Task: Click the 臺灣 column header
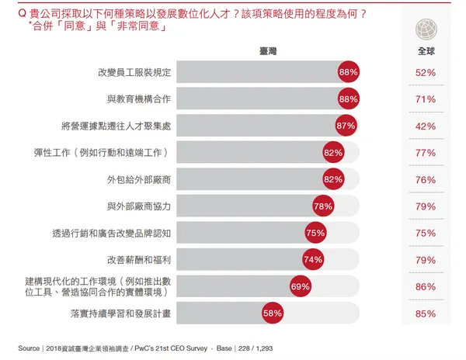coord(268,50)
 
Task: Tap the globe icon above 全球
coord(426,29)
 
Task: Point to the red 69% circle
coord(301,286)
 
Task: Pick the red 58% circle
coord(272,313)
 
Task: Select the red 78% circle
coord(322,206)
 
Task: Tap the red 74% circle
coord(313,260)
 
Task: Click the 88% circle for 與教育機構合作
coord(348,99)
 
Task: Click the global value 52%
coord(426,73)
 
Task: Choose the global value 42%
coord(426,126)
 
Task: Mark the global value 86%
coord(426,286)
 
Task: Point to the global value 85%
coord(426,313)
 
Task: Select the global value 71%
coord(426,99)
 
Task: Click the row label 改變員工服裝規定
coord(134,73)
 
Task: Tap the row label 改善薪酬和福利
coord(140,260)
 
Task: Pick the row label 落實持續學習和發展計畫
coord(120,313)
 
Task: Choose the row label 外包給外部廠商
coord(140,179)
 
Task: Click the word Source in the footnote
coord(29,348)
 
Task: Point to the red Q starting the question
coord(10,13)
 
